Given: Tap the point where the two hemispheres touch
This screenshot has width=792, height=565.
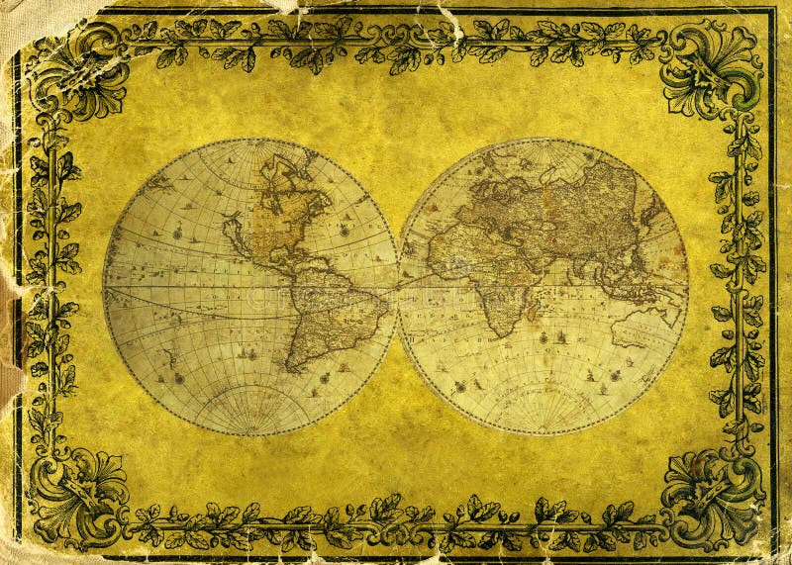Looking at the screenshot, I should click(x=397, y=287).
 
